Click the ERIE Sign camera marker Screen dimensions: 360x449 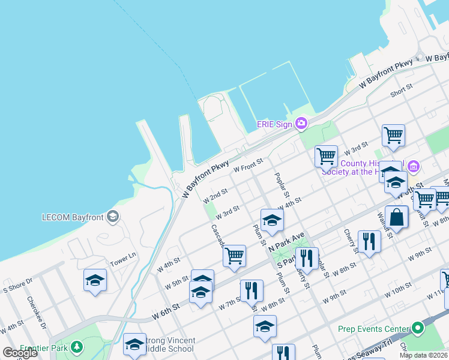pyautogui.click(x=301, y=124)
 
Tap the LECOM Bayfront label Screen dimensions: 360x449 pyautogui.click(x=73, y=217)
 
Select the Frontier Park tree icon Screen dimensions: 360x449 pyautogui.click(x=77, y=347)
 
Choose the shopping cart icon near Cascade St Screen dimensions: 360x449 pyautogui.click(x=234, y=256)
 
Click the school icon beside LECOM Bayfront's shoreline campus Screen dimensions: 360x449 pyautogui.click(x=95, y=280)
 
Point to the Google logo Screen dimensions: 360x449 pyautogui.click(x=19, y=353)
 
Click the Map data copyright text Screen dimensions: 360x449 pyautogui.click(x=423, y=355)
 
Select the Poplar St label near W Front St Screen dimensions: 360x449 pyautogui.click(x=282, y=184)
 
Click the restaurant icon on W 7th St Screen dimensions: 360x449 pyautogui.click(x=252, y=290)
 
